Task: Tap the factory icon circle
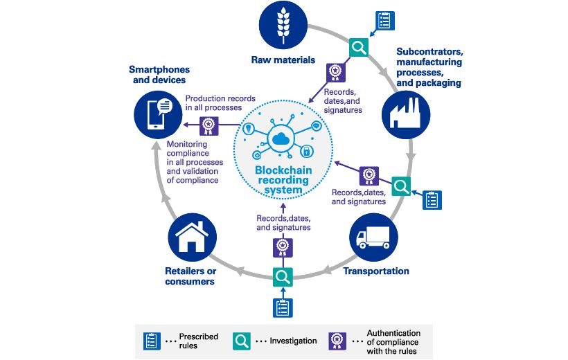(x=405, y=114)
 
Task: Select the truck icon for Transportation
(x=374, y=237)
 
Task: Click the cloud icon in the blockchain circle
(x=281, y=140)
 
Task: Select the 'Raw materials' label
(x=283, y=60)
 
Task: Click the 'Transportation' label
(x=376, y=271)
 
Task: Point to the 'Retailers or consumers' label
(x=190, y=276)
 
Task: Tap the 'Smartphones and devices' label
(x=159, y=75)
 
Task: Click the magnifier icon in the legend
(x=242, y=341)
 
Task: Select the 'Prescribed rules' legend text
(x=199, y=341)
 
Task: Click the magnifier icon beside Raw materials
(x=359, y=47)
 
